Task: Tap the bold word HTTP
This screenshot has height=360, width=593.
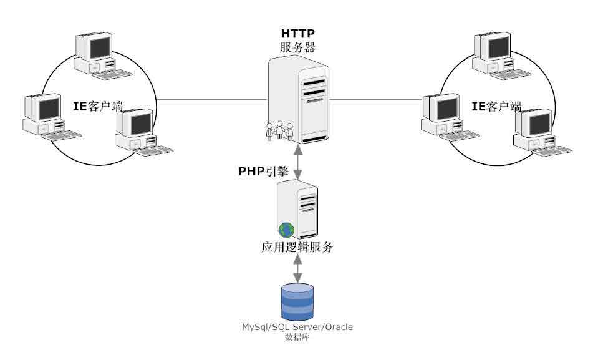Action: click(x=297, y=33)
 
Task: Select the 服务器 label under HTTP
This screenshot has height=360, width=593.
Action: click(x=297, y=47)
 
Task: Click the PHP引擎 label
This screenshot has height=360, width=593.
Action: click(x=263, y=171)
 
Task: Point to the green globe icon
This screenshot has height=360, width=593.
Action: click(x=286, y=230)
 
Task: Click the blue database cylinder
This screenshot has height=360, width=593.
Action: click(x=297, y=302)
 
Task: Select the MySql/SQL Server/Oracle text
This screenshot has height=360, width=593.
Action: click(x=297, y=327)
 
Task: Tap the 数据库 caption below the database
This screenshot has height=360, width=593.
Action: click(x=297, y=337)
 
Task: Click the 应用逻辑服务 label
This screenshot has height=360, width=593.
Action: click(x=297, y=247)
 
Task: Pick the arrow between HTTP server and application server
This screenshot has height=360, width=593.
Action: click(x=299, y=162)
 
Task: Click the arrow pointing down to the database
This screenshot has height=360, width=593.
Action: click(x=298, y=268)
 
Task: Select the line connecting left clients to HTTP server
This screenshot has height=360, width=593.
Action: click(x=212, y=100)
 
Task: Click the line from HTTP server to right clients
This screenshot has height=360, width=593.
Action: click(x=375, y=100)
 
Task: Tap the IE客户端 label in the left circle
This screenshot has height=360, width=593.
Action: click(x=97, y=106)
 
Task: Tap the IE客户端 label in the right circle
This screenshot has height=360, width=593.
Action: click(x=496, y=106)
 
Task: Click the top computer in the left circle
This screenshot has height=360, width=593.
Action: click(x=102, y=56)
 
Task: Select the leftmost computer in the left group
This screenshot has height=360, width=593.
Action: click(x=51, y=117)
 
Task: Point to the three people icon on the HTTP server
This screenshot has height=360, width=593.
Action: click(x=279, y=130)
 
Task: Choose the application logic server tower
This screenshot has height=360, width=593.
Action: click(x=297, y=210)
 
